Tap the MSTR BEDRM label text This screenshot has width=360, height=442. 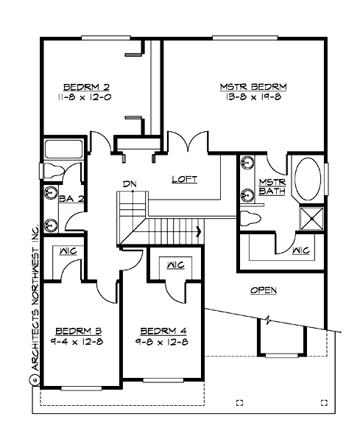253,86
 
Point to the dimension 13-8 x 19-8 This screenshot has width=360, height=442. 253,97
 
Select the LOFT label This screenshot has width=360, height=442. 184,179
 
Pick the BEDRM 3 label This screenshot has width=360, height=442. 78,330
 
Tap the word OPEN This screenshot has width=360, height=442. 264,290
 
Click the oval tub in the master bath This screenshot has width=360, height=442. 308,178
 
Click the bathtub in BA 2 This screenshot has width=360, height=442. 65,150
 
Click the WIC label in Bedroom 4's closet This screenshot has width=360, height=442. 174,264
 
